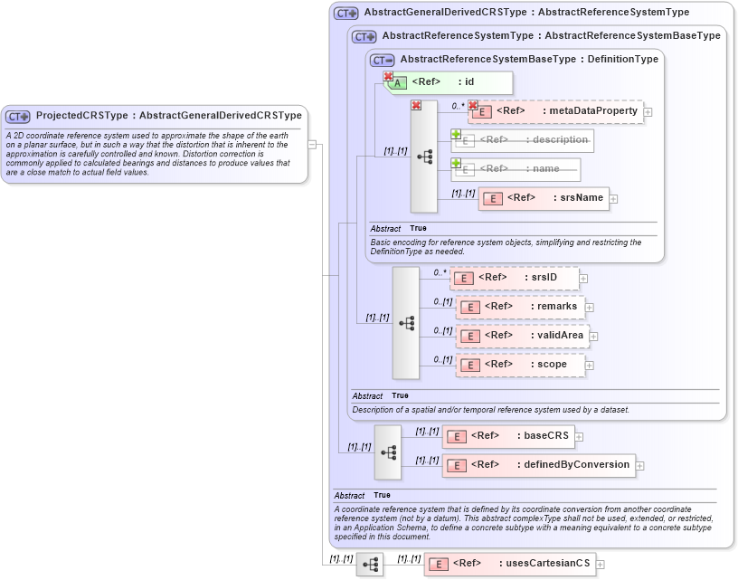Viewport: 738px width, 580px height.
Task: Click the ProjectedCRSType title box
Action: (155, 116)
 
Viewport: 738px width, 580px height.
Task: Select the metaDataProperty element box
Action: (555, 111)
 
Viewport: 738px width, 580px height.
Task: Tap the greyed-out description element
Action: (523, 140)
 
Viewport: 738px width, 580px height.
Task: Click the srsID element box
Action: (514, 278)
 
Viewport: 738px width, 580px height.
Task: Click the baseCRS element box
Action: (508, 436)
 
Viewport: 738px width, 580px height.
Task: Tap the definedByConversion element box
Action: (538, 465)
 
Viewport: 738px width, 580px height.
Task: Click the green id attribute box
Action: (449, 82)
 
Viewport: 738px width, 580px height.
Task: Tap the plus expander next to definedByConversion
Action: (640, 466)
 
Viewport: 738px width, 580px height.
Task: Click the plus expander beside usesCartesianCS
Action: (600, 565)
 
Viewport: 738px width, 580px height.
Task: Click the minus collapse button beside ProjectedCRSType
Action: (312, 143)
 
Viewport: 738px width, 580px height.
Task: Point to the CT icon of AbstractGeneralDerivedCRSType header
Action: (346, 14)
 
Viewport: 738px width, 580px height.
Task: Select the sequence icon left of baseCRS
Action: (388, 452)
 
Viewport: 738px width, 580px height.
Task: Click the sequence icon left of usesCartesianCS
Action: (370, 565)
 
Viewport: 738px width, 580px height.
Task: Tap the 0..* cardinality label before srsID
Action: (440, 271)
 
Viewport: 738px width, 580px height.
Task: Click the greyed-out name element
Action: (516, 169)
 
